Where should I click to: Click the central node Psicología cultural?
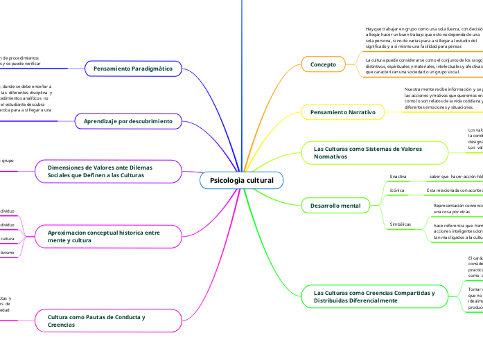(242, 181)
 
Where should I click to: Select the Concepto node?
(323, 64)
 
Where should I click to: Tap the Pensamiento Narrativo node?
(342, 111)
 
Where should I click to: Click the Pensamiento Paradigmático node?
(132, 69)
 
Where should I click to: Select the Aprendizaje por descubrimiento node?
(128, 122)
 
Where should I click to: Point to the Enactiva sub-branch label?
(398, 177)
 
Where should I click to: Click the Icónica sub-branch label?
(397, 190)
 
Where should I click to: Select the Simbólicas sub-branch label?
(401, 224)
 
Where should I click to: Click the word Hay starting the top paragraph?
(369, 29)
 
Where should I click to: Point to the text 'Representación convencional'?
(457, 206)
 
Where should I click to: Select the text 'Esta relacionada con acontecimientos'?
(454, 190)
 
